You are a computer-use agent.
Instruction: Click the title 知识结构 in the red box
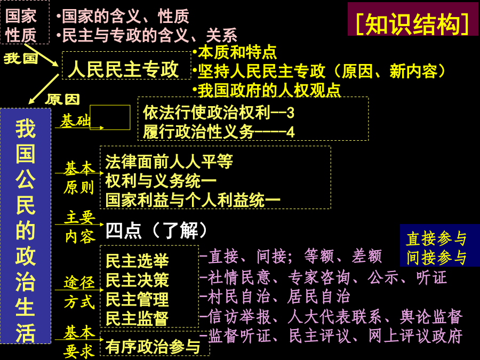[413, 21]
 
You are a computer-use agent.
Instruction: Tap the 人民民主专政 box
[124, 69]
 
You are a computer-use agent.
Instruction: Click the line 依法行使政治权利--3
[219, 113]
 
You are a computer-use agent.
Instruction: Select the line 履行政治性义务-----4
[219, 131]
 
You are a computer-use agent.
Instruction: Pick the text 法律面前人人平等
[169, 161]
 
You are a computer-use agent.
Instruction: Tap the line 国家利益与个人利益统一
[193, 199]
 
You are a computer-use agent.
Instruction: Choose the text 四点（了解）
[156, 230]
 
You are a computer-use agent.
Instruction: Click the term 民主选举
[137, 261]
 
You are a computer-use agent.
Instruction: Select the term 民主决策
[137, 280]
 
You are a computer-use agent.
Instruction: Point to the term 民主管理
[137, 299]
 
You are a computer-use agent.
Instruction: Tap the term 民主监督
[137, 318]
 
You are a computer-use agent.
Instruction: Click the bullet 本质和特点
[235, 52]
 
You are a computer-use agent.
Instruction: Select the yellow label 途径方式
[79, 291]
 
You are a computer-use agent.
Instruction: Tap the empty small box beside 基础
[110, 117]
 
